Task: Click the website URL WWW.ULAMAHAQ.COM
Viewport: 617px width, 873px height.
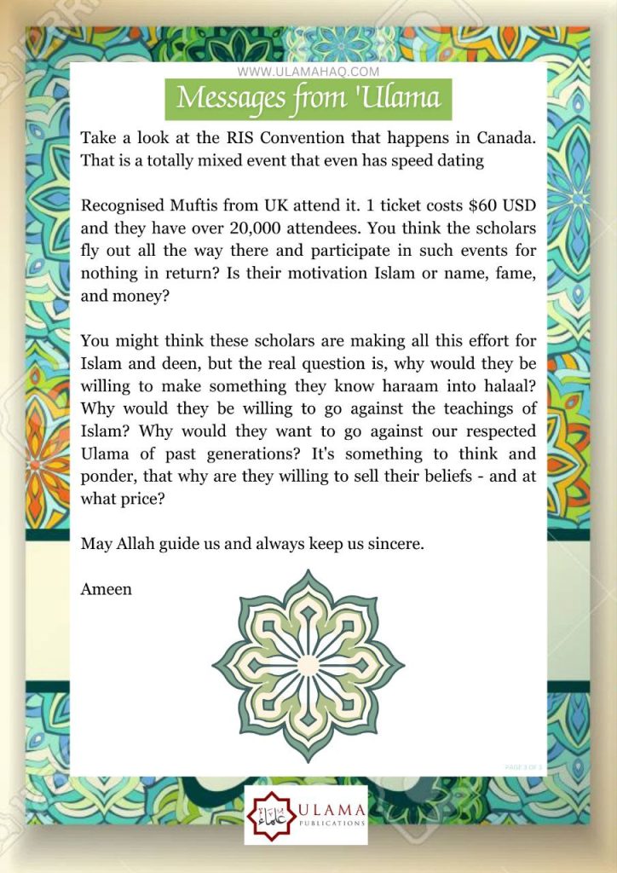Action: click(x=308, y=72)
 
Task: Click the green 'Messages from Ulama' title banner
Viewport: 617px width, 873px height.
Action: click(x=308, y=99)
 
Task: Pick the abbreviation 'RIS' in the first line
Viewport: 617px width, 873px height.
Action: click(x=222, y=137)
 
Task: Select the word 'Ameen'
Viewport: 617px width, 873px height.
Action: click(x=107, y=589)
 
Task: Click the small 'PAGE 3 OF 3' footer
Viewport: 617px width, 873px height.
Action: click(x=522, y=767)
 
